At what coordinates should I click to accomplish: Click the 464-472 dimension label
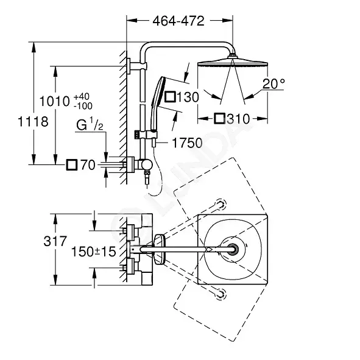[178, 21]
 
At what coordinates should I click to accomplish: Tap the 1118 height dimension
[33, 121]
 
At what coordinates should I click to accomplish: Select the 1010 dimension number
[55, 101]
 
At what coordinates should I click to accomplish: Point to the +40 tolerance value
[82, 96]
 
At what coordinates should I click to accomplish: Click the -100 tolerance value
[83, 106]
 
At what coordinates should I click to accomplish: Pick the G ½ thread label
[90, 124]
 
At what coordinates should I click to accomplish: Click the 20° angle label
[274, 83]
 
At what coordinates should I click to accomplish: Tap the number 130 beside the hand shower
[188, 97]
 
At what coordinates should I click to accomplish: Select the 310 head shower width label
[238, 119]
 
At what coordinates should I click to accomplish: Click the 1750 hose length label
[187, 143]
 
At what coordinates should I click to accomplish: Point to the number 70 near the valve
[88, 165]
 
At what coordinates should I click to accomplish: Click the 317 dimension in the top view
[55, 241]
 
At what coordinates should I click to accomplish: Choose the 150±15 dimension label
[94, 252]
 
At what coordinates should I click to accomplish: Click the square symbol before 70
[71, 165]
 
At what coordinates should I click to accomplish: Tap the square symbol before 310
[219, 119]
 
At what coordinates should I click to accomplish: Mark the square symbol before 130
[171, 97]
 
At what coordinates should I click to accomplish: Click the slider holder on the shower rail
[146, 135]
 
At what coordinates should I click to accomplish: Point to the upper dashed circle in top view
[220, 204]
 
